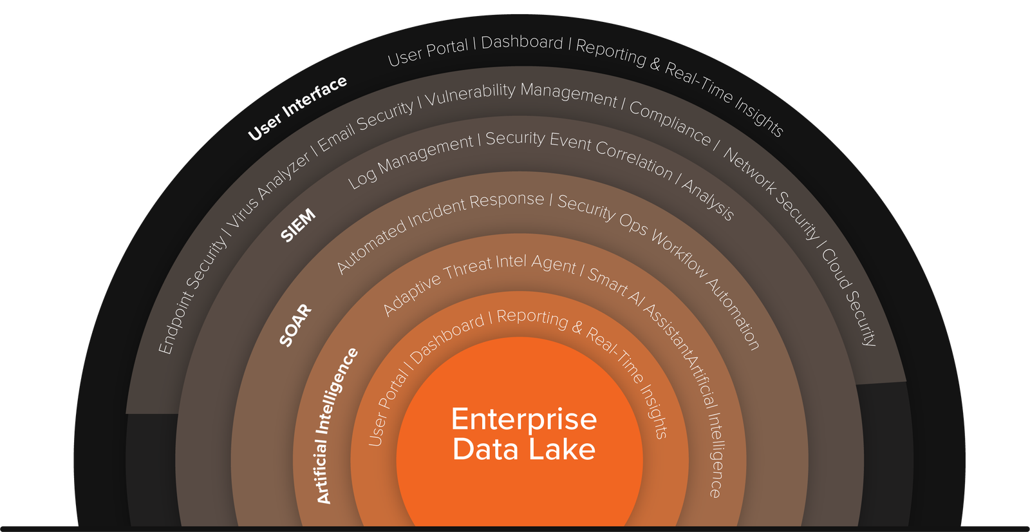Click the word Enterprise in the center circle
point(524,419)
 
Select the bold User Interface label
point(297,108)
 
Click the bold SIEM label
point(298,225)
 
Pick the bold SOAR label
point(295,325)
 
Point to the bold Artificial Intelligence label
point(336,425)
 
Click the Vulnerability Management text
point(520,93)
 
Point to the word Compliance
point(669,122)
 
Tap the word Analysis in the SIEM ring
point(707,199)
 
